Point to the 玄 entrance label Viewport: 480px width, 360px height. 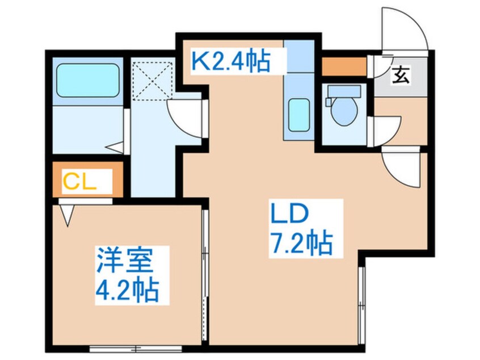pos(401,74)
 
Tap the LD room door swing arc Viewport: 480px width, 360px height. pos(401,166)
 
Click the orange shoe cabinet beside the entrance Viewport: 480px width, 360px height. pos(344,66)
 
